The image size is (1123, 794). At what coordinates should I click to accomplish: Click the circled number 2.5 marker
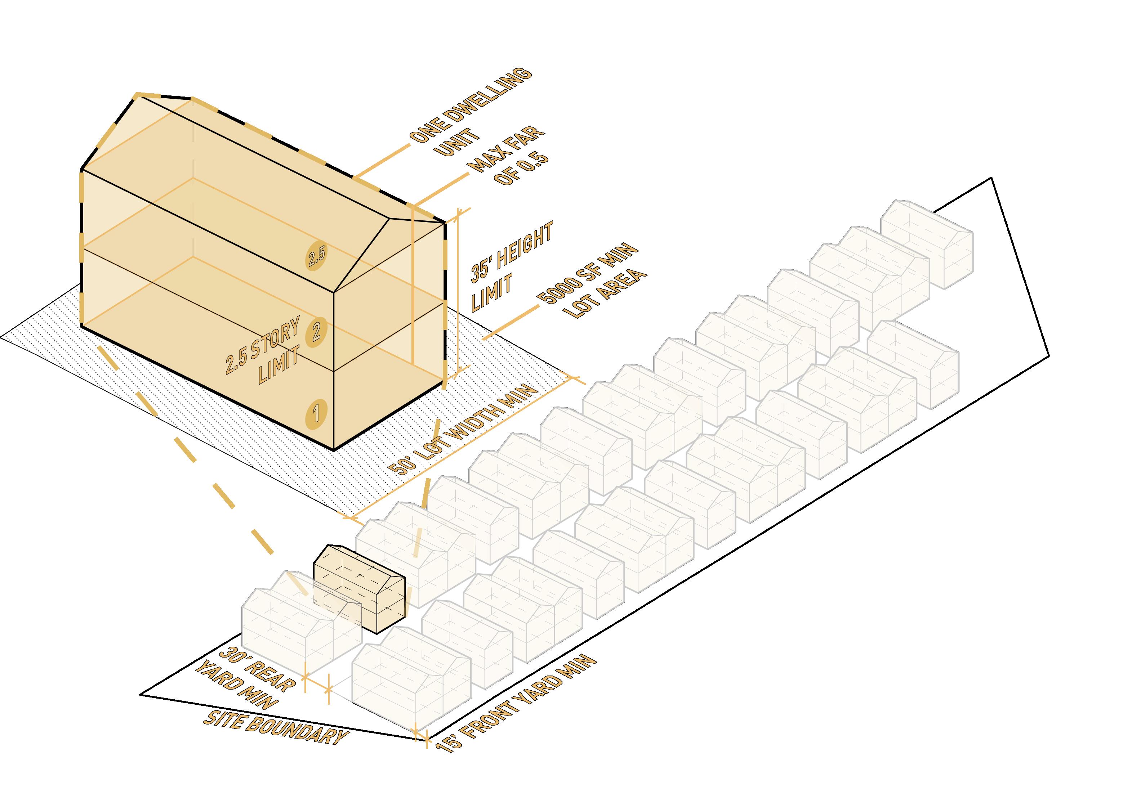(316, 255)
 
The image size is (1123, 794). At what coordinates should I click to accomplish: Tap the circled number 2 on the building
(316, 333)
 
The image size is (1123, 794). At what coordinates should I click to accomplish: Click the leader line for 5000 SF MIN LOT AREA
(509, 323)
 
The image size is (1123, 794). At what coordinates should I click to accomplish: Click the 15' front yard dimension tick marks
(421, 746)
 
